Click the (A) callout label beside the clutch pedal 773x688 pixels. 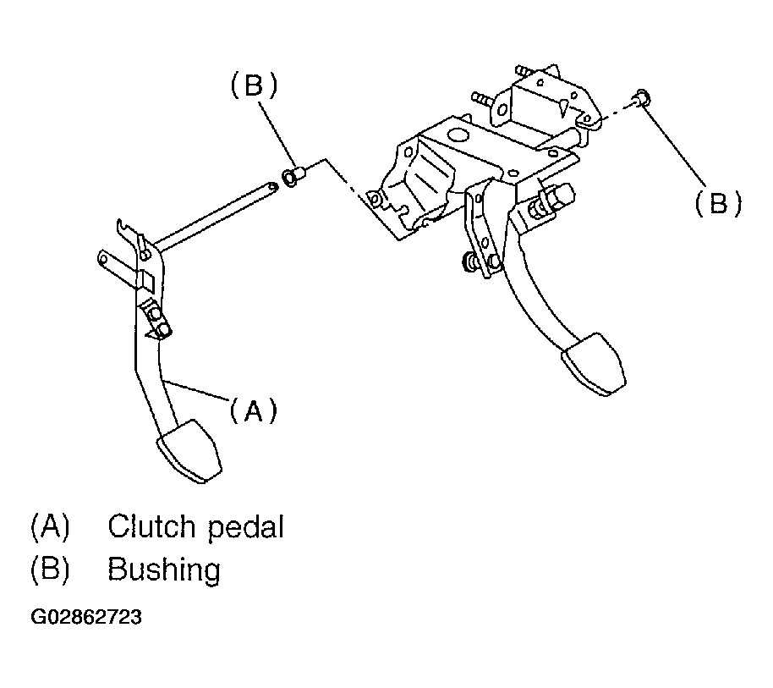pos(254,410)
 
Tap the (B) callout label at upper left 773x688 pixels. pos(254,85)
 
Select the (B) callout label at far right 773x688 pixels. pos(718,202)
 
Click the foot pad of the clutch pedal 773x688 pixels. pos(189,451)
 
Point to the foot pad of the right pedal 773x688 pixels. pos(594,365)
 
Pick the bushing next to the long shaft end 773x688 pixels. pos(293,176)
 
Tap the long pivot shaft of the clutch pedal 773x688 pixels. pos(216,214)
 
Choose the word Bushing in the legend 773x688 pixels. pos(164,570)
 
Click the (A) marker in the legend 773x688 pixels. pos(50,526)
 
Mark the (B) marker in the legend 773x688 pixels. pos(50,570)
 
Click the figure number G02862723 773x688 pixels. pos(86,617)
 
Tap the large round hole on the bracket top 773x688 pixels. pos(458,135)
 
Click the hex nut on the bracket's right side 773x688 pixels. pos(562,195)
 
